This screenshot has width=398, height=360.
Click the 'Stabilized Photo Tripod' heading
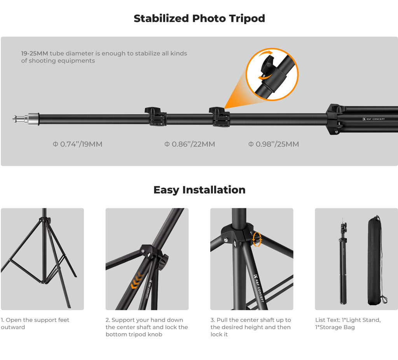click(199, 19)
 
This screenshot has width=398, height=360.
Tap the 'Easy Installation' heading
click(199, 190)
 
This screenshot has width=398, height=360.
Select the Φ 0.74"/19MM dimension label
click(77, 144)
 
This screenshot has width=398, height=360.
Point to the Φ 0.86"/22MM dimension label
click(190, 144)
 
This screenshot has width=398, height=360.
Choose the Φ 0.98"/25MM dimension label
click(274, 144)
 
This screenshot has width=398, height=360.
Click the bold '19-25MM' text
click(35, 53)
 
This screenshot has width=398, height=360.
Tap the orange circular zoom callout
click(272, 74)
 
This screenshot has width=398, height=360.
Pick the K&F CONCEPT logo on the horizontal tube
click(374, 119)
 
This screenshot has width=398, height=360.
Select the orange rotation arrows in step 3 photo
click(257, 239)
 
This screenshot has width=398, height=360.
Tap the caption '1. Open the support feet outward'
click(35, 323)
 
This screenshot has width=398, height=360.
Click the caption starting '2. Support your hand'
click(147, 327)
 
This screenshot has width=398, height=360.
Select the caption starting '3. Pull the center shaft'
click(251, 327)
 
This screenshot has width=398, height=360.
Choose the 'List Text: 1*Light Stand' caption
click(348, 323)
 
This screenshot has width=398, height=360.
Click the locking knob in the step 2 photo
click(163, 262)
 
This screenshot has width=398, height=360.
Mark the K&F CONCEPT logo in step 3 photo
click(259, 288)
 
